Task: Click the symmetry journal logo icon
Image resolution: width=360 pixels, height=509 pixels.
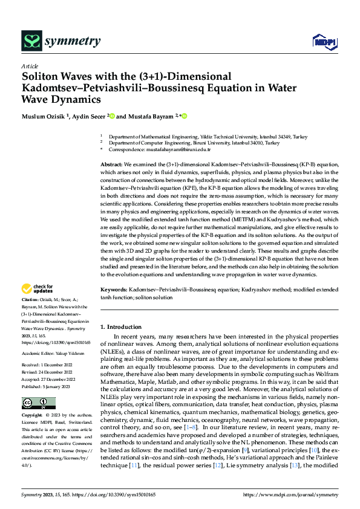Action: coord(32,41)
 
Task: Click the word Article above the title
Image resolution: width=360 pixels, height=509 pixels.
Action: coord(30,65)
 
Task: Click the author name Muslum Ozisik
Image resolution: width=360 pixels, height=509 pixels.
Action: coord(45,116)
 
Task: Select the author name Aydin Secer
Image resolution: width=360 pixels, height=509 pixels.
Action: coord(89,116)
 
